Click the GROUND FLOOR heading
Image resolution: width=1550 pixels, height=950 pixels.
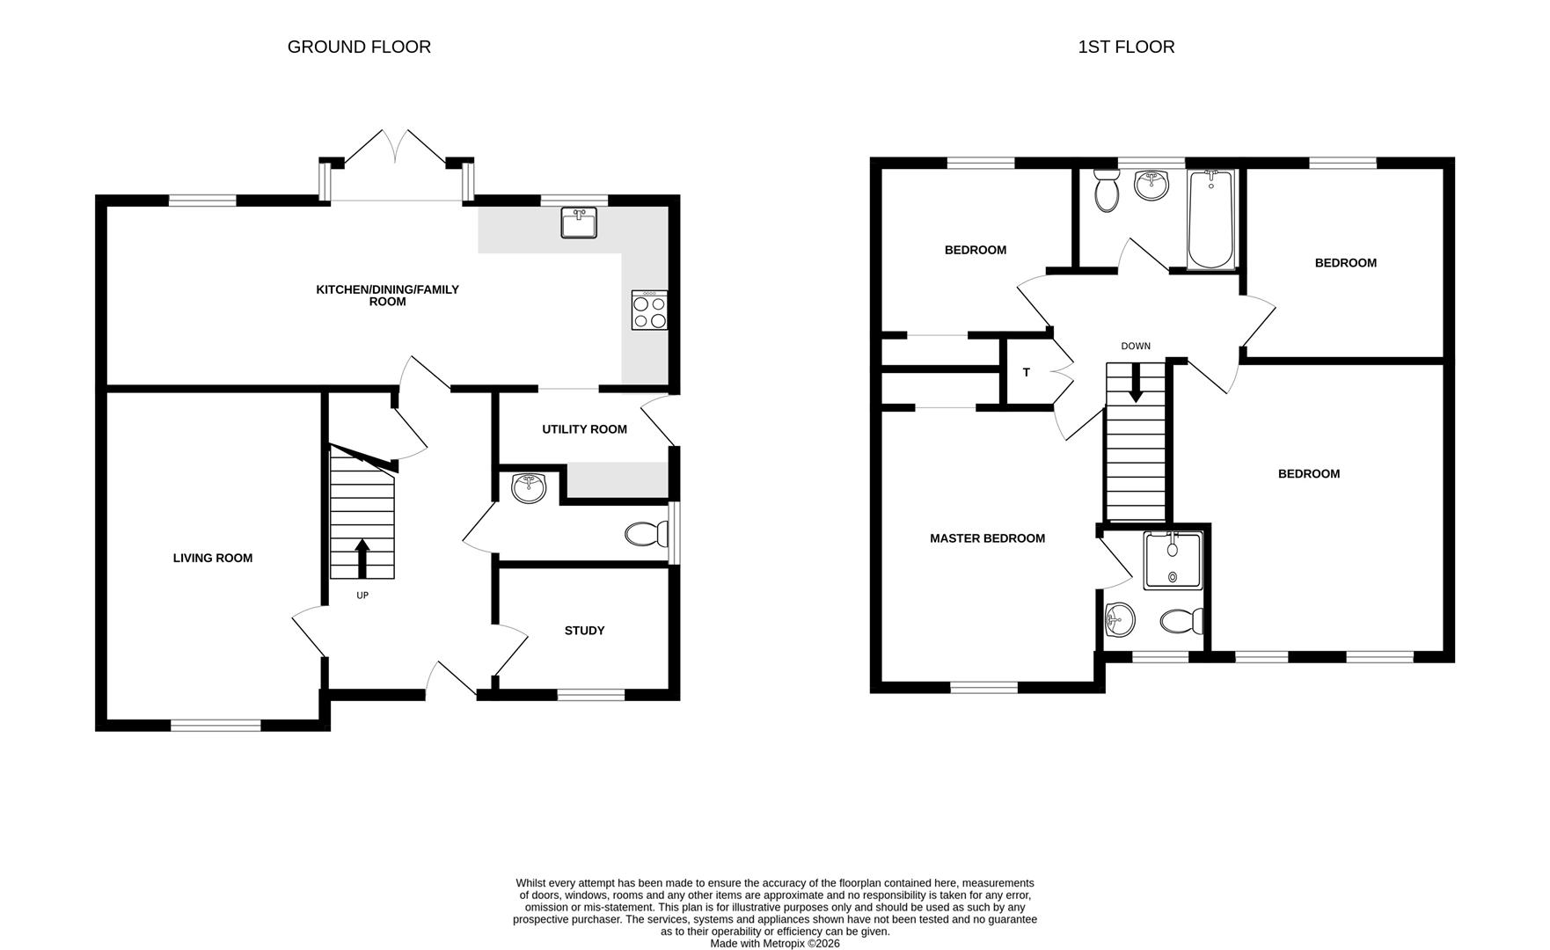[x=359, y=47]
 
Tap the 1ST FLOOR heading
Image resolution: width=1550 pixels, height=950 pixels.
[x=1126, y=47]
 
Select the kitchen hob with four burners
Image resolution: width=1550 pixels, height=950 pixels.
[x=649, y=311]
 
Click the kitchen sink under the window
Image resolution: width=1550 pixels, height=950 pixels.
[x=579, y=223]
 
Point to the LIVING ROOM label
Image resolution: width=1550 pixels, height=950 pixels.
[x=213, y=558]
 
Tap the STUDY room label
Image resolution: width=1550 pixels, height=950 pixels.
[x=584, y=631]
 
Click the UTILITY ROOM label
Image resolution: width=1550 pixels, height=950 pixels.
[x=584, y=429]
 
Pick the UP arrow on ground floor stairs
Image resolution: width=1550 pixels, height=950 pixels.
[x=362, y=558]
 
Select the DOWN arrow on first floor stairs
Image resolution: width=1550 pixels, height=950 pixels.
[x=1136, y=384]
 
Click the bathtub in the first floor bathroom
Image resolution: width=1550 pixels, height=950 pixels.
[x=1211, y=220]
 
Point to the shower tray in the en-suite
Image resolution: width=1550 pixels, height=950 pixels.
[x=1172, y=561]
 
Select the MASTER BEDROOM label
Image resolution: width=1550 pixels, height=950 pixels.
[x=987, y=538]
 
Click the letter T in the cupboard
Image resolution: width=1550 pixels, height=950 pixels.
[x=1027, y=373]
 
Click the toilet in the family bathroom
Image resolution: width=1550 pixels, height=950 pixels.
[x=1106, y=190]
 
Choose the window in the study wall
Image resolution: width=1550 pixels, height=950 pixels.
[x=591, y=695]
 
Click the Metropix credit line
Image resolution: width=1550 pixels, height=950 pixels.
[x=774, y=943]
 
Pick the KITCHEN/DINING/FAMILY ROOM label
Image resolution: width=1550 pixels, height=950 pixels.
[x=387, y=296]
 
